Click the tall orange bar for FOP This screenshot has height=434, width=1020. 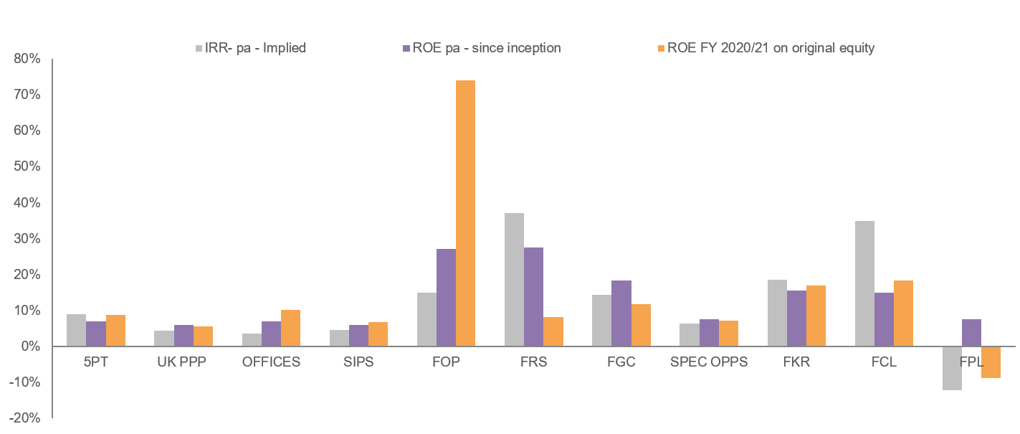pos(465,213)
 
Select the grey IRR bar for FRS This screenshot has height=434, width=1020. pos(514,280)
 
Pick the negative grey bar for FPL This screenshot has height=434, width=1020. pos(952,368)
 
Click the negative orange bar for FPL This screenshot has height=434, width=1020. pos(991,362)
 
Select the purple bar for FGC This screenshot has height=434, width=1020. pos(621,313)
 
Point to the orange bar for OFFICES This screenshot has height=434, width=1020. pos(290,328)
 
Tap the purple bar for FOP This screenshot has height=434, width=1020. pos(446,298)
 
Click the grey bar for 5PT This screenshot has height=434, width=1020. pos(76,330)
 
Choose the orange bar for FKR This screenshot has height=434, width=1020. pos(816,316)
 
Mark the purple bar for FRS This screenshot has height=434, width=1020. pos(533,297)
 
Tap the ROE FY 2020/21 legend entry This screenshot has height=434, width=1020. pos(771,48)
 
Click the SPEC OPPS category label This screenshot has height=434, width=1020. pos(708,362)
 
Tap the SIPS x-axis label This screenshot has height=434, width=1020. pos(358,362)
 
